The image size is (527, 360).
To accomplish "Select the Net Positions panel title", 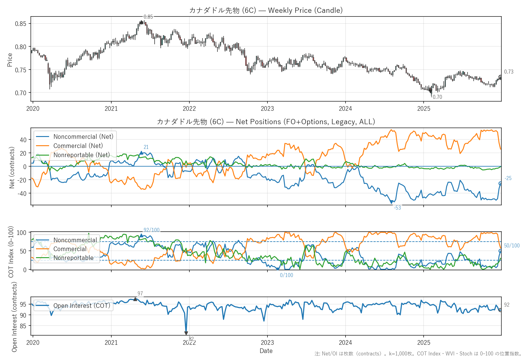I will point(266,122).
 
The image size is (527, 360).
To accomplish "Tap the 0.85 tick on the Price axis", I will point(21,24).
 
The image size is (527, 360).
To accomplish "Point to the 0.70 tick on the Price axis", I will point(21,93).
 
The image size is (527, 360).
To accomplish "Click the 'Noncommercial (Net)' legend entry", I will point(83,137).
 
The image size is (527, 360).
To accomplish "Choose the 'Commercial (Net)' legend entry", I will point(78,146).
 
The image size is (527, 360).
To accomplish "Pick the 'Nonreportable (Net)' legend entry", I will point(81,155).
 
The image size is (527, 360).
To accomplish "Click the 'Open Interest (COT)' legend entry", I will point(81,306).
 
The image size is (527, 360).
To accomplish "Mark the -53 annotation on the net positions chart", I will point(397,208).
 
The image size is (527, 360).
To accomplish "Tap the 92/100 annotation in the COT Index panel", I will point(151,230).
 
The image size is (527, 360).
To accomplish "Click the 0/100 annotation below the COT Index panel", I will point(286,275).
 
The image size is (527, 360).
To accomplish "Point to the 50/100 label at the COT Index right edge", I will point(512,246).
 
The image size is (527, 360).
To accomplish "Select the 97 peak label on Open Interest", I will point(140,293).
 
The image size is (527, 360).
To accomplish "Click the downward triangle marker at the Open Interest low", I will point(186,333).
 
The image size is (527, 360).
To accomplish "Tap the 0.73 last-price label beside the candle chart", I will point(509,72).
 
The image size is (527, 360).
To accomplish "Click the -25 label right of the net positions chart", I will point(508,178).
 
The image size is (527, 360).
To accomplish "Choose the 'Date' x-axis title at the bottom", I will point(266,351).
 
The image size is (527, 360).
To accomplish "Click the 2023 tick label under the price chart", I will point(267,109).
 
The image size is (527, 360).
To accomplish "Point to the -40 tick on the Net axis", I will point(23,193).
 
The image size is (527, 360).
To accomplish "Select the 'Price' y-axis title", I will point(10,60).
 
